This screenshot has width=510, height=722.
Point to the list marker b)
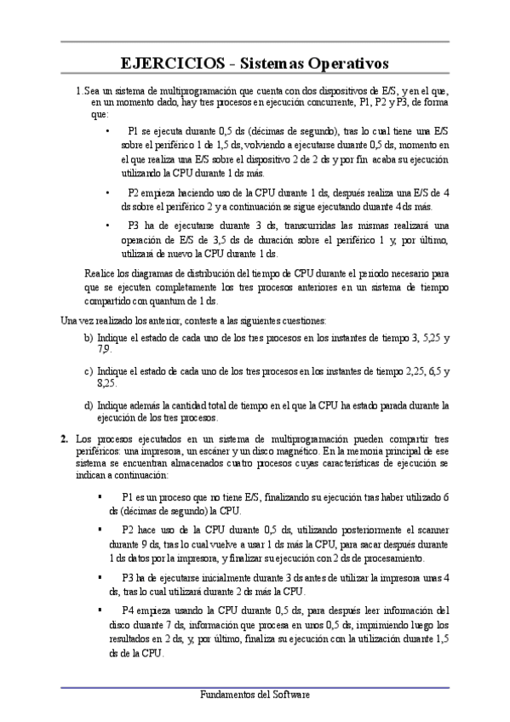point(89,338)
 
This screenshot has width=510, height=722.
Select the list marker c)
point(89,372)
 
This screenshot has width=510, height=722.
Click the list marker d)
point(89,406)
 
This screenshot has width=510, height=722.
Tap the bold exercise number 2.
point(65,438)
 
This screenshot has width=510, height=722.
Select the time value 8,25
point(108,383)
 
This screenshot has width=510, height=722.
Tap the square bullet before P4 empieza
point(100,610)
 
